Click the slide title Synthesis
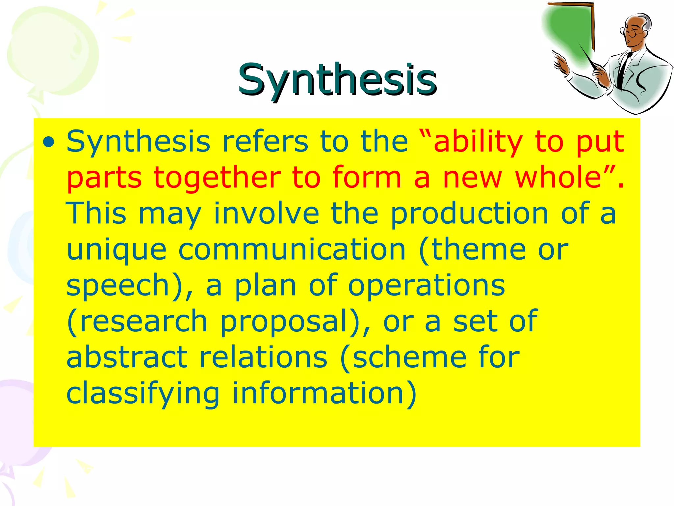(337, 80)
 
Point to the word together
(217, 178)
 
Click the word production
(469, 214)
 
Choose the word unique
(117, 250)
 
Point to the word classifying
(143, 394)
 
